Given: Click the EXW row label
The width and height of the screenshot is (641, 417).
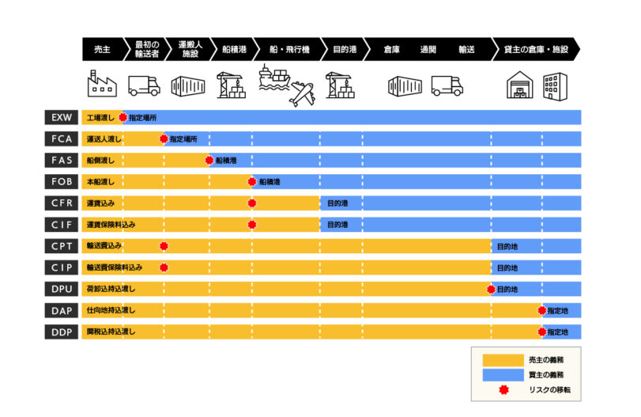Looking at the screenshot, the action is tap(62, 117).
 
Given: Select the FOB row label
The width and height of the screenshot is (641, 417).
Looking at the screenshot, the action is tap(62, 182).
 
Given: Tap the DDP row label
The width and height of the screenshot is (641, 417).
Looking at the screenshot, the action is tap(62, 332).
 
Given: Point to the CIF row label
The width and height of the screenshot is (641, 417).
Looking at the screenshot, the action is tap(62, 225).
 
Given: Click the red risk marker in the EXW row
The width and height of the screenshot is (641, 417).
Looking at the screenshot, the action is tap(123, 117).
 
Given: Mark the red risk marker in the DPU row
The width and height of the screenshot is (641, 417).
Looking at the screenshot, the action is tap(492, 290).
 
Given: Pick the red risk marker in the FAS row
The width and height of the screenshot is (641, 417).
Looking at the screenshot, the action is tap(209, 161).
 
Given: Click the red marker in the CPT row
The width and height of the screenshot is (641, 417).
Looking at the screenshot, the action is tap(164, 246).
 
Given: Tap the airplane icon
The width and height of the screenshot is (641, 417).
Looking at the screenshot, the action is tap(303, 94).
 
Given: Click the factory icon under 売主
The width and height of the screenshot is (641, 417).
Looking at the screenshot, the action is tap(102, 84).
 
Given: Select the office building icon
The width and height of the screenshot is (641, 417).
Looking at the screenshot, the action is tap(555, 86).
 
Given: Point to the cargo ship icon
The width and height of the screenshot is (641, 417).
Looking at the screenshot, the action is tap(274, 77).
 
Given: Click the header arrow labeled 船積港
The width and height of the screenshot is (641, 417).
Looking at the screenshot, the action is tap(234, 50).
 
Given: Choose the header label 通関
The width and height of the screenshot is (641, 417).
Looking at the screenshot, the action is tap(428, 50).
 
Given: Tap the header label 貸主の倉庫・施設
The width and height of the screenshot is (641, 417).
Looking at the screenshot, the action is tap(536, 50).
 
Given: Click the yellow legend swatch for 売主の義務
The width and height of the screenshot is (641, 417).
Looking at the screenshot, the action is tap(503, 360).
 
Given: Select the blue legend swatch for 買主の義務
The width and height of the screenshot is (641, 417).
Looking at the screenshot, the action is tap(503, 375).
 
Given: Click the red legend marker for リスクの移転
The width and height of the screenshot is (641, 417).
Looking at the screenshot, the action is tap(503, 390).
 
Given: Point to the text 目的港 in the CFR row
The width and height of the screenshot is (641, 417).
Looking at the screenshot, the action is tap(337, 203).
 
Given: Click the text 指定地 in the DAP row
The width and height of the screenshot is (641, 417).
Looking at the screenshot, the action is tap(557, 311).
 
